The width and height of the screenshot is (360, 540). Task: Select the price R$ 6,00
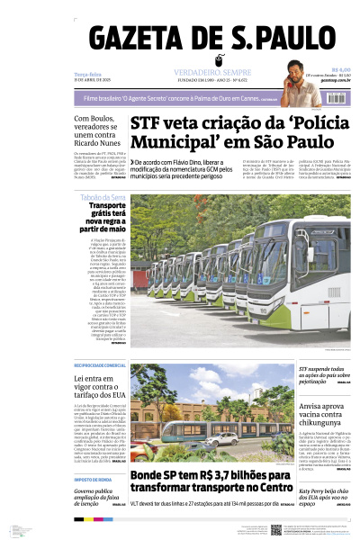(341, 68)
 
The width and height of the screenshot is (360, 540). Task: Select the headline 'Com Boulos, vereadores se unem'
(97, 130)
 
